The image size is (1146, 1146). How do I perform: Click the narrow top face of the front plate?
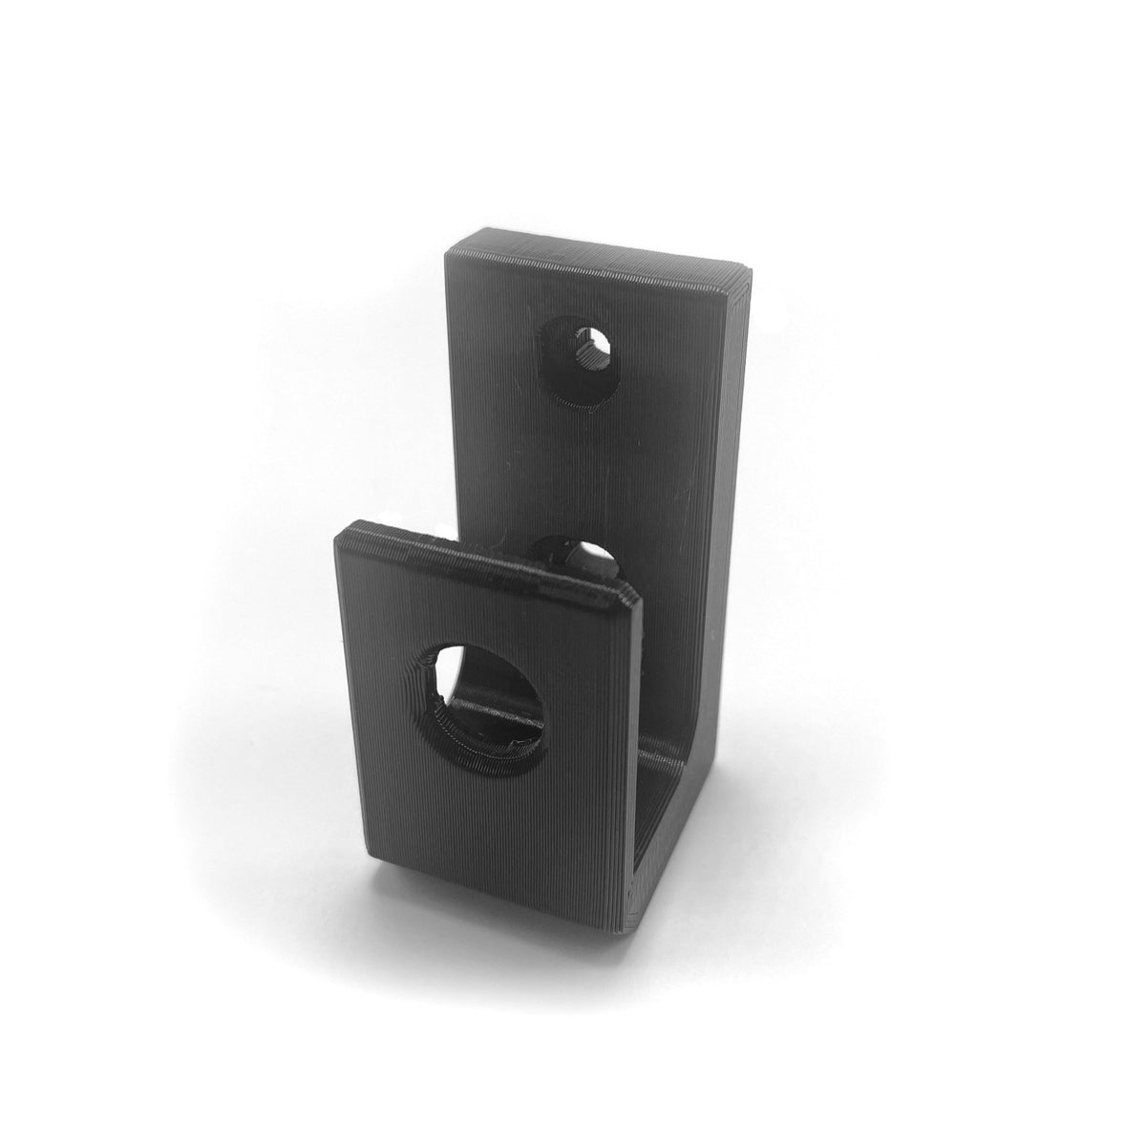tap(477, 559)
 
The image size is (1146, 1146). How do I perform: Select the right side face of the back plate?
tap(731, 477)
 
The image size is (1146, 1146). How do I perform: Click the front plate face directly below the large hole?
tap(487, 821)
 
